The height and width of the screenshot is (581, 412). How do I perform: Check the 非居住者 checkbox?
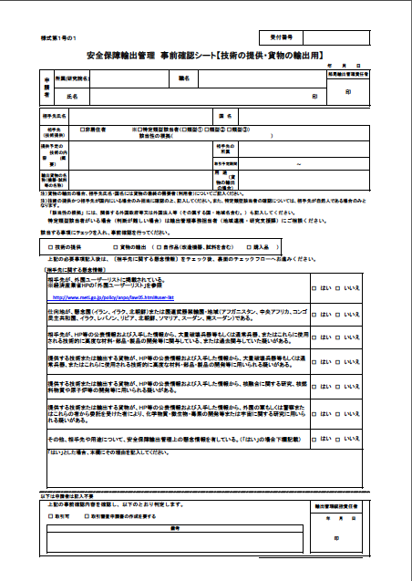click(x=83, y=130)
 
